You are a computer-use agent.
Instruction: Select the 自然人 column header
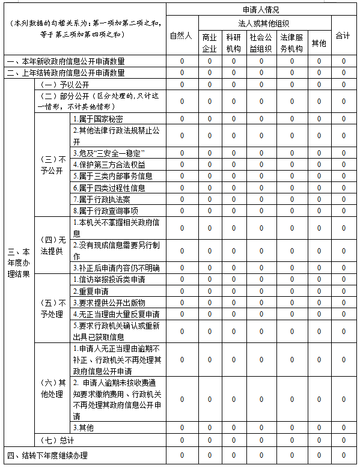coord(181,36)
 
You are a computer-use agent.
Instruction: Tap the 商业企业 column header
coord(209,42)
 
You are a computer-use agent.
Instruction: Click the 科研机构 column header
coord(234,42)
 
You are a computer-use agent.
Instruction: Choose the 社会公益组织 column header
coord(261,42)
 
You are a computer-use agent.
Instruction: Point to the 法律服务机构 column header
coord(292,42)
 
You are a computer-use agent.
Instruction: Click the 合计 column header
coord(343,36)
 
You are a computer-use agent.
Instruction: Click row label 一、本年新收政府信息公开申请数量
coord(66,61)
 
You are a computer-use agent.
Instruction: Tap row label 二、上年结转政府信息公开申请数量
coord(66,73)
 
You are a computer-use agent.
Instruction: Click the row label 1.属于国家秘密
coord(98,118)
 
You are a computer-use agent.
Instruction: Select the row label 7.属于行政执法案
coord(101,199)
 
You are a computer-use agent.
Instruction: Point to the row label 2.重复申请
coord(91,291)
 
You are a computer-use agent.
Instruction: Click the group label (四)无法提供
coord(52,245)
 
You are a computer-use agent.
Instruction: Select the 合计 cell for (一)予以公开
coord(343,84)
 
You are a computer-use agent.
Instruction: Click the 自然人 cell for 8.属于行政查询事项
coord(181,210)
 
